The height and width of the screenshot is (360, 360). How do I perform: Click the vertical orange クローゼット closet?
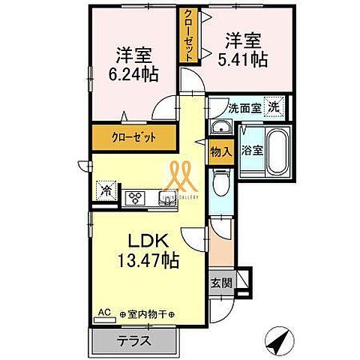tap(188, 34)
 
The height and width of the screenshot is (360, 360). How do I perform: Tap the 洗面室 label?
tap(244, 108)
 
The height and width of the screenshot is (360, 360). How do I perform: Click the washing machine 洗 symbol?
tap(274, 106)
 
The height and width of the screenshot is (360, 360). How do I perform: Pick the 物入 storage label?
tap(220, 151)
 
